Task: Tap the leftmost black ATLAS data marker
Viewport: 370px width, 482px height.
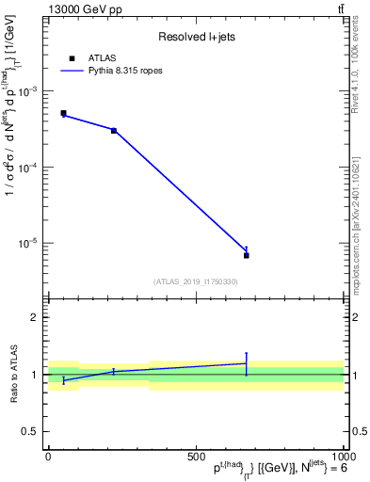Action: click(x=63, y=113)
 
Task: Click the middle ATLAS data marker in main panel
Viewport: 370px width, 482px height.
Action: click(x=114, y=130)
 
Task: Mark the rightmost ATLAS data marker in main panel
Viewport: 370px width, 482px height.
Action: click(x=246, y=255)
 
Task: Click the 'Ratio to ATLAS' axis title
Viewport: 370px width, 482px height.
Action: click(x=13, y=375)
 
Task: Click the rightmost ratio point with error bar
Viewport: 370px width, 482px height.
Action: click(x=246, y=363)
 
